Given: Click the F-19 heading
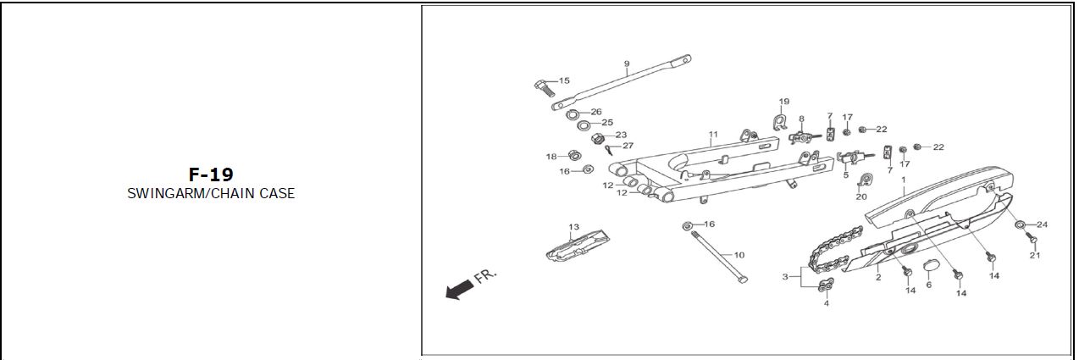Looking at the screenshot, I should pyautogui.click(x=210, y=175).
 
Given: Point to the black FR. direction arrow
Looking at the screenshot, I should pyautogui.click(x=459, y=290).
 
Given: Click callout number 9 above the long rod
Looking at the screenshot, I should pyautogui.click(x=627, y=64).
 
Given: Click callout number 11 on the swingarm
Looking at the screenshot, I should pyautogui.click(x=713, y=135).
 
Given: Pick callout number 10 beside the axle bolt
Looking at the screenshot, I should pyautogui.click(x=739, y=255).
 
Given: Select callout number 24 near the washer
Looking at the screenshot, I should pyautogui.click(x=1042, y=224).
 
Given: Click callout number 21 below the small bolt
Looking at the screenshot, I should pyautogui.click(x=1034, y=255).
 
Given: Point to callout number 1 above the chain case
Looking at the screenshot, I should pyautogui.click(x=904, y=180).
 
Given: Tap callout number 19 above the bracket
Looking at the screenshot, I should pyautogui.click(x=784, y=102).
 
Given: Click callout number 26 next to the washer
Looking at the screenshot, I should pyautogui.click(x=596, y=112).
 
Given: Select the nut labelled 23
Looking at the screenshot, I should pyautogui.click(x=597, y=138).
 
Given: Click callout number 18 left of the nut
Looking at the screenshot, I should pyautogui.click(x=551, y=156).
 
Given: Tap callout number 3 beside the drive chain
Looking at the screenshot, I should pyautogui.click(x=785, y=277).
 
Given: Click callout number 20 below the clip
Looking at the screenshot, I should pyautogui.click(x=861, y=197).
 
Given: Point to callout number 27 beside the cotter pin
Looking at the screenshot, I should pyautogui.click(x=628, y=146).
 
